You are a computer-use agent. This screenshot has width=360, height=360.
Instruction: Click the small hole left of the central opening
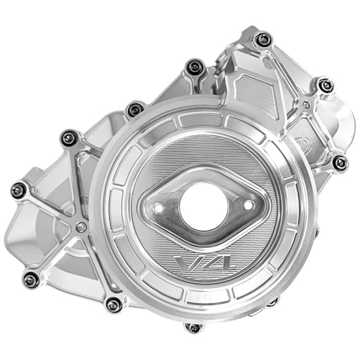159,209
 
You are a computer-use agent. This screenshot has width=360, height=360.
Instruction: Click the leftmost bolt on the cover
18,190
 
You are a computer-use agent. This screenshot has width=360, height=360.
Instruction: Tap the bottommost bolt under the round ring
193,328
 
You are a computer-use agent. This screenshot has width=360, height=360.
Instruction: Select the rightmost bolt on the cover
340,163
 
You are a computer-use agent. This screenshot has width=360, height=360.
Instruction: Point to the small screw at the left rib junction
82,227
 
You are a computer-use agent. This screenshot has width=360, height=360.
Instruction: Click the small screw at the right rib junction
306,105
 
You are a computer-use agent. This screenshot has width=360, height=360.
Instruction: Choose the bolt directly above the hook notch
194,68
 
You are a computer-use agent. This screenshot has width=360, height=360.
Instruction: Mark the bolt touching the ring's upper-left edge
135,110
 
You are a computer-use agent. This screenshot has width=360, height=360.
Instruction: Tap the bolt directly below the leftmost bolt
32,280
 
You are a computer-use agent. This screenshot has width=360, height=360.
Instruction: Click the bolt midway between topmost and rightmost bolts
326,85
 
